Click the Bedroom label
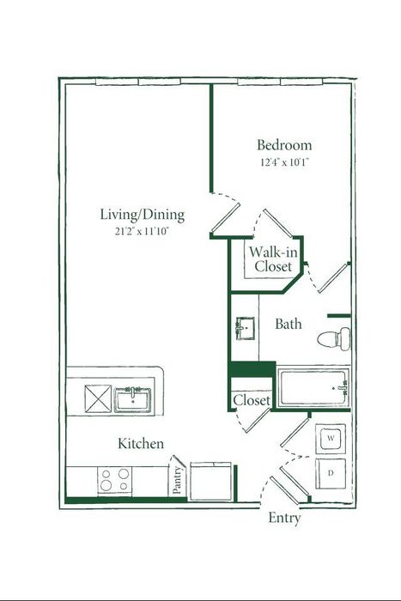(x=284, y=145)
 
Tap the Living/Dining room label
(x=143, y=215)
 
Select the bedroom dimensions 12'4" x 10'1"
(x=284, y=162)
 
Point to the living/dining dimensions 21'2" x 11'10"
(x=143, y=232)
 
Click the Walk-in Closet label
(x=273, y=259)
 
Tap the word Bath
(x=289, y=324)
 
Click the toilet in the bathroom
(x=334, y=338)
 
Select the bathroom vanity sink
(x=246, y=328)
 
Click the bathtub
(x=313, y=387)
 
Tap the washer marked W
(x=331, y=439)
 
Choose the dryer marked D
(x=331, y=473)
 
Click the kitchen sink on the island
(x=132, y=400)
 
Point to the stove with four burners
(x=114, y=480)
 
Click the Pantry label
(x=177, y=479)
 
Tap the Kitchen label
(x=141, y=444)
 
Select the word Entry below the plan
(x=284, y=519)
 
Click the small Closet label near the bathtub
(x=252, y=401)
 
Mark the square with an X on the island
(x=98, y=398)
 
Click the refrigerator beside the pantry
(x=211, y=482)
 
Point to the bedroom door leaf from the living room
(x=226, y=217)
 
